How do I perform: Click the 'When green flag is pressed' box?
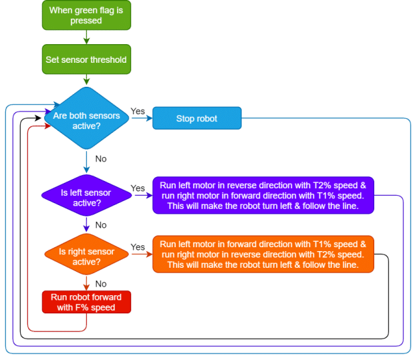tap(86, 15)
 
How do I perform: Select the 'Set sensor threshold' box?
tap(86, 59)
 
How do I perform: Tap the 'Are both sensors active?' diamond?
tap(86, 120)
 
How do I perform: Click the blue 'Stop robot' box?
tap(196, 119)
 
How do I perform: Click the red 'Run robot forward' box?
tap(86, 303)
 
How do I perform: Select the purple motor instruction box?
tap(263, 195)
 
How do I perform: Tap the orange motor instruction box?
tap(263, 254)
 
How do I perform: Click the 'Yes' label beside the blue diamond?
tap(138, 111)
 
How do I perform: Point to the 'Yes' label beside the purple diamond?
tap(138, 188)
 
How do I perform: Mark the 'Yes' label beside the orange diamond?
tap(138, 247)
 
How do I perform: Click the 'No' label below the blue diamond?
tap(101, 159)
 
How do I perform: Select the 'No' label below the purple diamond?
tap(101, 225)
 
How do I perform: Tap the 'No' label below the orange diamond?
tap(101, 283)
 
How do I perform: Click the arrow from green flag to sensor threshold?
tap(86, 37)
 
